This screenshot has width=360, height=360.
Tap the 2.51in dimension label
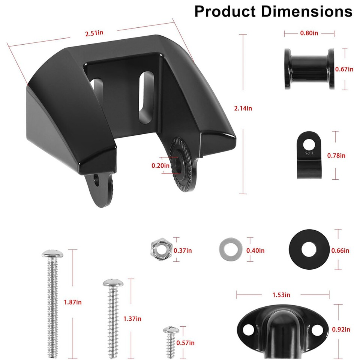(94, 33)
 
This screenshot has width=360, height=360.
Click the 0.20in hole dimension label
(160, 165)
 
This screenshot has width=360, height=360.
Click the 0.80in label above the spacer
(309, 33)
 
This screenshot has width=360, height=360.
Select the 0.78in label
(336, 155)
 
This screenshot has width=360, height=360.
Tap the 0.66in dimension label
(340, 250)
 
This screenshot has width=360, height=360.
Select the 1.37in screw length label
(132, 319)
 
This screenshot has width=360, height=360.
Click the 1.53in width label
(283, 295)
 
